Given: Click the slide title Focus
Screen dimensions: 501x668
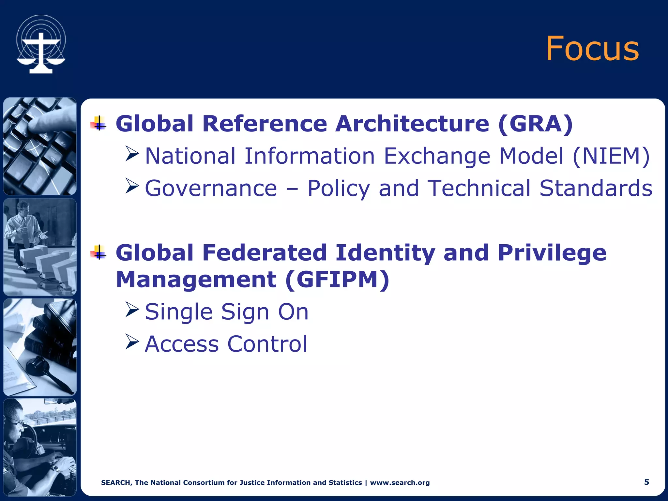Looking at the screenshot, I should (x=592, y=49).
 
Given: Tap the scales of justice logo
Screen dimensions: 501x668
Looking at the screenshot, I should (x=41, y=44).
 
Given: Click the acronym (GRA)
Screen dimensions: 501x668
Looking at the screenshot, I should (x=535, y=124).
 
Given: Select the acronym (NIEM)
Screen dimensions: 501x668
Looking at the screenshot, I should (x=611, y=156).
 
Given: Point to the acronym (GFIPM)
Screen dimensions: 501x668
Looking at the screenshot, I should (x=337, y=280).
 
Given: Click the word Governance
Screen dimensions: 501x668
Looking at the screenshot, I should (x=211, y=188).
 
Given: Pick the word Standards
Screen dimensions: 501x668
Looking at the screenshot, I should (x=596, y=188).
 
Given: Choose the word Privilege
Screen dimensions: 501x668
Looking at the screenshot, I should (x=552, y=253).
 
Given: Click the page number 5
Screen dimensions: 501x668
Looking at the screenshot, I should (x=646, y=482).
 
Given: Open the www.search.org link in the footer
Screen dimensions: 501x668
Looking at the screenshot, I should (x=400, y=483).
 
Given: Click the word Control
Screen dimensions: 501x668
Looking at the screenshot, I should (x=267, y=344).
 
